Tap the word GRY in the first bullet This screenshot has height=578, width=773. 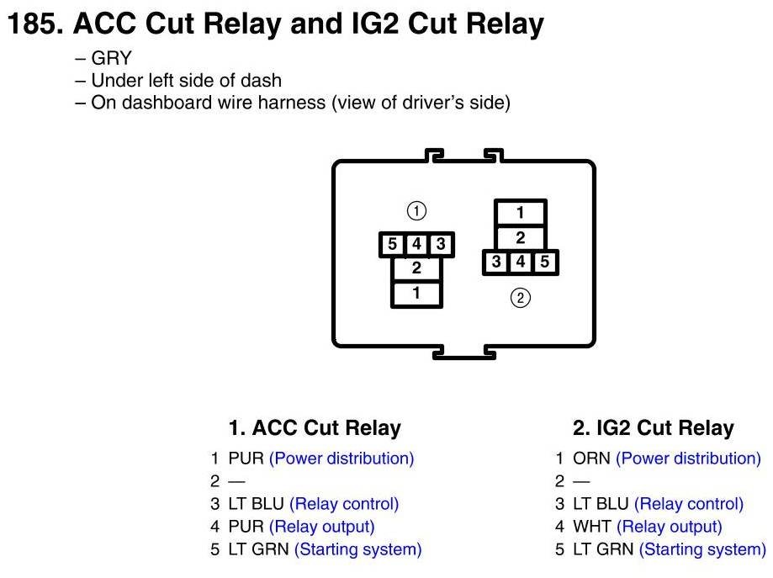(111, 59)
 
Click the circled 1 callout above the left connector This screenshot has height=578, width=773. (416, 210)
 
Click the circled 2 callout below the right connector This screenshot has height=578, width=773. (521, 298)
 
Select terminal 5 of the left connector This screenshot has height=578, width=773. (393, 245)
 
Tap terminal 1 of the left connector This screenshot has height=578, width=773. (416, 293)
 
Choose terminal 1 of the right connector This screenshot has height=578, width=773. (521, 213)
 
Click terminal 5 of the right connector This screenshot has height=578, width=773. (544, 262)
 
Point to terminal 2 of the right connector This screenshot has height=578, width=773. (521, 238)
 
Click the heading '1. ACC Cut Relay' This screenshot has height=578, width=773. (315, 428)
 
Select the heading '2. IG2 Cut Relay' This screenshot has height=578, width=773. (654, 428)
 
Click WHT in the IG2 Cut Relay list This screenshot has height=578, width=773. (591, 527)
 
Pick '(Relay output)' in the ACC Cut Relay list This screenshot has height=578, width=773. (321, 527)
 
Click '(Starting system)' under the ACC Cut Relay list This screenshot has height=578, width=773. (357, 549)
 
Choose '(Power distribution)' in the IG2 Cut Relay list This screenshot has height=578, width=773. (688, 459)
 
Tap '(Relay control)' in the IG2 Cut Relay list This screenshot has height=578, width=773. (688, 504)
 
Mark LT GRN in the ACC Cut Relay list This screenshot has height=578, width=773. (258, 549)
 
